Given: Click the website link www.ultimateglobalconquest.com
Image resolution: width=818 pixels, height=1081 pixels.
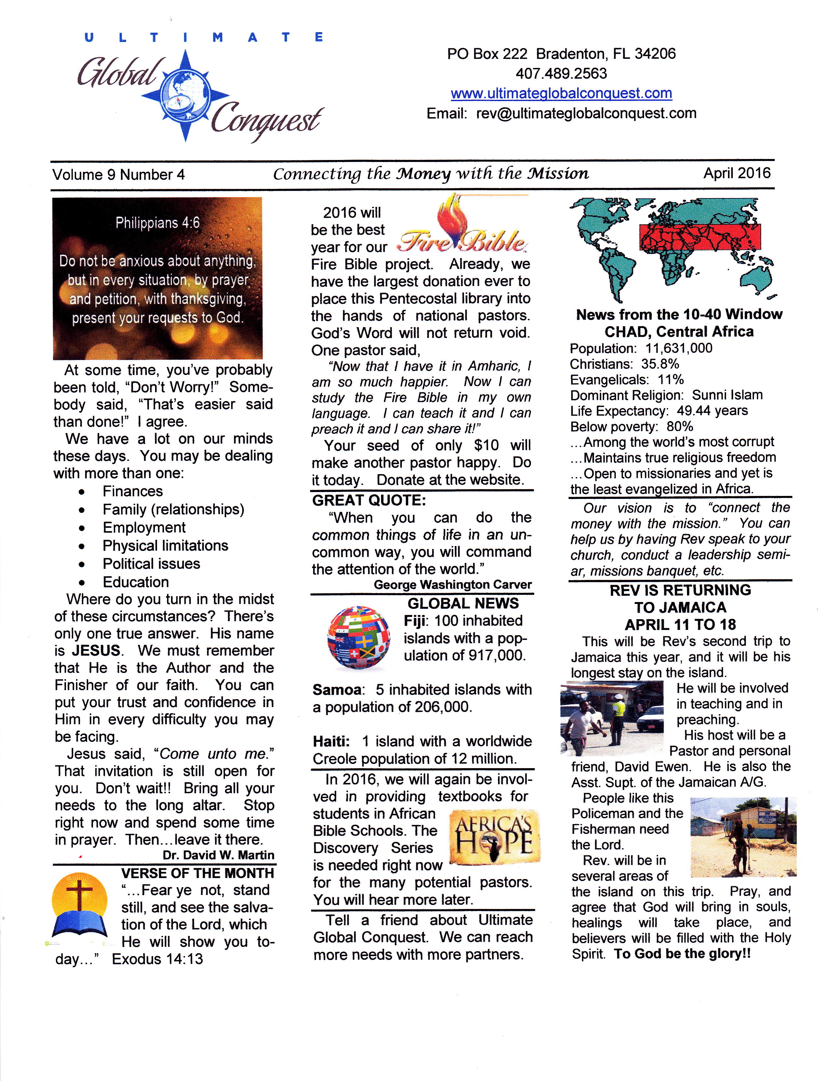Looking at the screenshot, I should [x=561, y=93].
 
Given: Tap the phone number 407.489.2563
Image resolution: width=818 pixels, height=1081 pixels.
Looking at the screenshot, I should [x=561, y=73].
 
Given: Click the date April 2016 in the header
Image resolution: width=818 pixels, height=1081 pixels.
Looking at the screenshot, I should [x=736, y=173].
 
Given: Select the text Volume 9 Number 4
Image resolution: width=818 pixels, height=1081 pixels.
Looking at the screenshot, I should [x=119, y=174].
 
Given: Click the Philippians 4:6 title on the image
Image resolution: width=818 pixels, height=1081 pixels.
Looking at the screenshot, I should [x=157, y=223].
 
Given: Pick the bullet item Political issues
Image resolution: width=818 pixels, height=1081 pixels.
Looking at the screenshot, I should [x=151, y=564].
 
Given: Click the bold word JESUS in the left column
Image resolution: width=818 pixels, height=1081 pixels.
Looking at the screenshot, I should [x=96, y=650].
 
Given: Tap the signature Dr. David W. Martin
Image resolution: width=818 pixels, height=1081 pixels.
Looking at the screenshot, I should [x=218, y=855].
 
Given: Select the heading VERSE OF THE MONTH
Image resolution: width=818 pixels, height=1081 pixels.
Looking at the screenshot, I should [x=197, y=873].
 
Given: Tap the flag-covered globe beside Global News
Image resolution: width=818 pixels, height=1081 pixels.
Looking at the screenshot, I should [x=359, y=637].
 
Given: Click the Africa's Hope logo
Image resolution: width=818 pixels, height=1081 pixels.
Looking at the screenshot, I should [x=494, y=837].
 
